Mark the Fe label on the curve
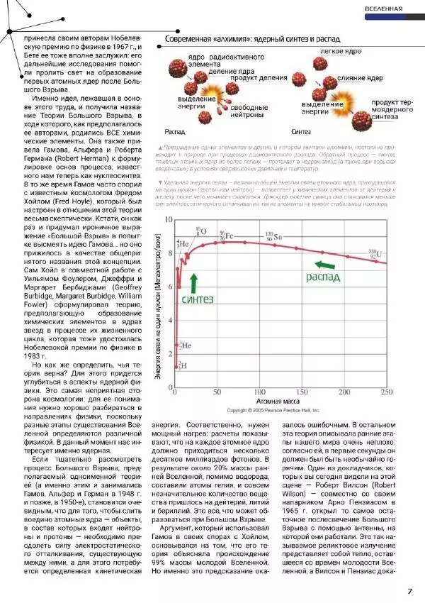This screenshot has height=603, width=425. click(223, 234)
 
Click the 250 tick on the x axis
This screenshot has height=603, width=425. click(387, 392)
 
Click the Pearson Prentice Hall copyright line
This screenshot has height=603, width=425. click(273, 410)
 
